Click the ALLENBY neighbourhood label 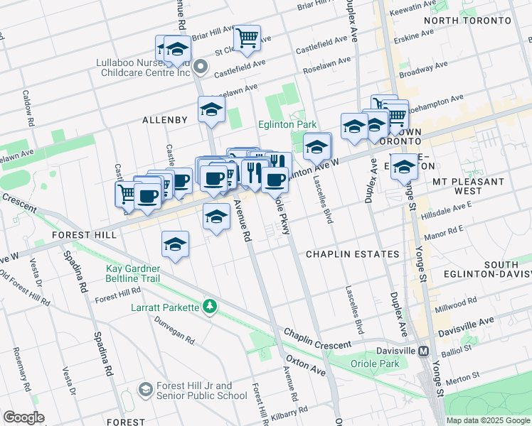[164, 120]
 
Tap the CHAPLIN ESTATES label [352, 254]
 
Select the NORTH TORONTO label [467, 21]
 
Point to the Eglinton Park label [287, 124]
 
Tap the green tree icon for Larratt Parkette [209, 307]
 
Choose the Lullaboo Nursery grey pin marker [201, 68]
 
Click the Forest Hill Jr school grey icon [146, 390]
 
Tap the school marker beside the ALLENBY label [212, 109]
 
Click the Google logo [23, 417]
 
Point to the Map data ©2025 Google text [487, 420]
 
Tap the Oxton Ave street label [305, 366]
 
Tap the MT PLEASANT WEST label [468, 186]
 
